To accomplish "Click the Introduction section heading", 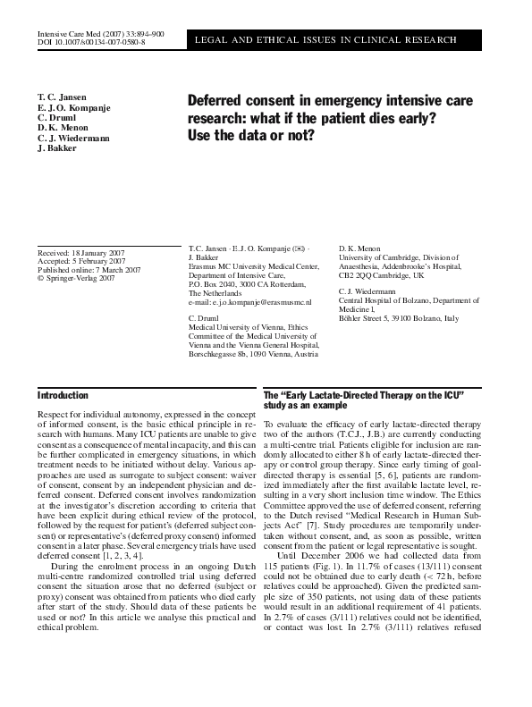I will [63, 395].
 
